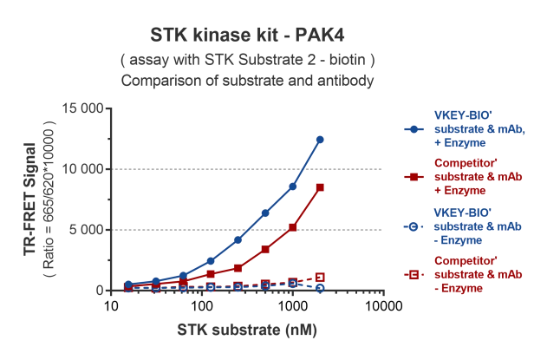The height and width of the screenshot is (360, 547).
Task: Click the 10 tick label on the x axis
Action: [110, 307]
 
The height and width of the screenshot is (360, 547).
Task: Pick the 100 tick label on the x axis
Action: [202, 307]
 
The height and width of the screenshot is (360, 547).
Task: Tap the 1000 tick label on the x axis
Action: [293, 307]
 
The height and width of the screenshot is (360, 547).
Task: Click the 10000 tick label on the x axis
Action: [383, 307]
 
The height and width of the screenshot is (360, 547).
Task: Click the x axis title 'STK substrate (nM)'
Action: [247, 331]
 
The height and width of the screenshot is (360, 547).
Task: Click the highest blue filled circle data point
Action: [320, 140]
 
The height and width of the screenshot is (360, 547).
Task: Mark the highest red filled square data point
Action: [320, 187]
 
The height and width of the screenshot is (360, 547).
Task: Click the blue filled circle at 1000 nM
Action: [293, 187]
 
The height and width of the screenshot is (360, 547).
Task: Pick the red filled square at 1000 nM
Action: [293, 227]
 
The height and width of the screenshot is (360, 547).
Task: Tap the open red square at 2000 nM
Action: [320, 277]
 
